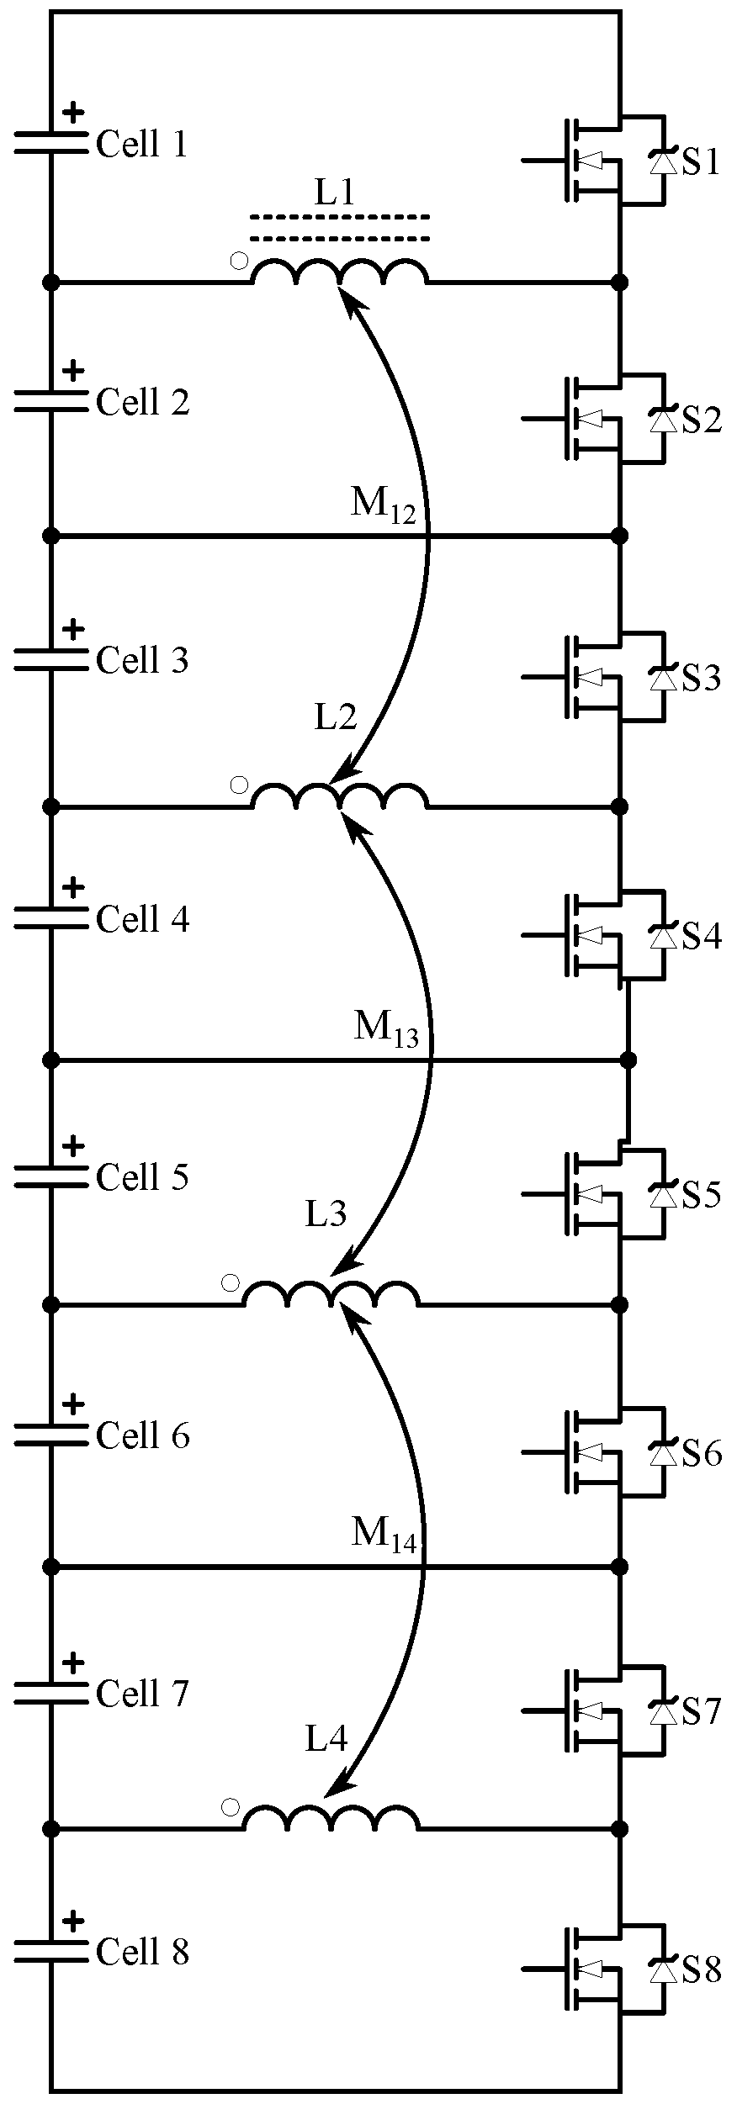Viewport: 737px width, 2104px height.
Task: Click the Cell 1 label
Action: pyautogui.click(x=141, y=145)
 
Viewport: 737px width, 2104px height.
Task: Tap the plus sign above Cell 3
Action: pyautogui.click(x=74, y=628)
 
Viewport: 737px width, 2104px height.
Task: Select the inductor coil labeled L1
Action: pyautogui.click(x=340, y=272)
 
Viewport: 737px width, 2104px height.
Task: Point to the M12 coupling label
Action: pyautogui.click(x=383, y=505)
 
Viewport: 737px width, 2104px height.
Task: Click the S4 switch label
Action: pyautogui.click(x=701, y=936)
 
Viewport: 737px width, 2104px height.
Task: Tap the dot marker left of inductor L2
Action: pyautogui.click(x=239, y=785)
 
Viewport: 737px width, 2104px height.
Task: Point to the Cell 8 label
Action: pyautogui.click(x=141, y=1952)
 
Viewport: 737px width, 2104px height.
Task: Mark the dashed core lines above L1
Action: pyautogui.click(x=340, y=228)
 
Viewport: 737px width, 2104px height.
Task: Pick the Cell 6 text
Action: pyautogui.click(x=141, y=1435)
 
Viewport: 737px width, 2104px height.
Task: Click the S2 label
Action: pyautogui.click(x=701, y=420)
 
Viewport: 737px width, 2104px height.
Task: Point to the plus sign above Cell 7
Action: pyautogui.click(x=74, y=1662)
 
